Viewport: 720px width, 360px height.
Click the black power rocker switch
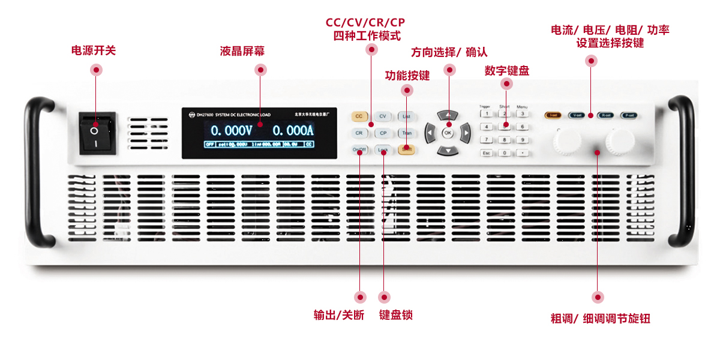coord(97,133)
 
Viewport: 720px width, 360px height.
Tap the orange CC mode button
coord(359,116)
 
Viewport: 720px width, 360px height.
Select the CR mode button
coord(359,133)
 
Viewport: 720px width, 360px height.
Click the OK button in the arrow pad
coord(448,133)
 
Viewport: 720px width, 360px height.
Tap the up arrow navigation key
coord(448,115)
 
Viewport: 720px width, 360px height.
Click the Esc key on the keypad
coord(487,153)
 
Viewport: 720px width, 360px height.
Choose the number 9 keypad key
coord(523,140)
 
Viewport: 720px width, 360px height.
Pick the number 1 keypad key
coord(487,113)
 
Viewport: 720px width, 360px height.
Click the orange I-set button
coord(553,115)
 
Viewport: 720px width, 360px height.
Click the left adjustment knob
coord(566,141)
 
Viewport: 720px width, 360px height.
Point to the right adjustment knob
coord(620,141)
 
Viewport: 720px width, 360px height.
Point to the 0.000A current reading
coord(293,131)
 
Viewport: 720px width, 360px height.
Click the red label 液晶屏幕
coord(242,52)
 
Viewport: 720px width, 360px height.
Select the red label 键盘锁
coord(396,316)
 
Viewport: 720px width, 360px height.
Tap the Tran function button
coord(407,133)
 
